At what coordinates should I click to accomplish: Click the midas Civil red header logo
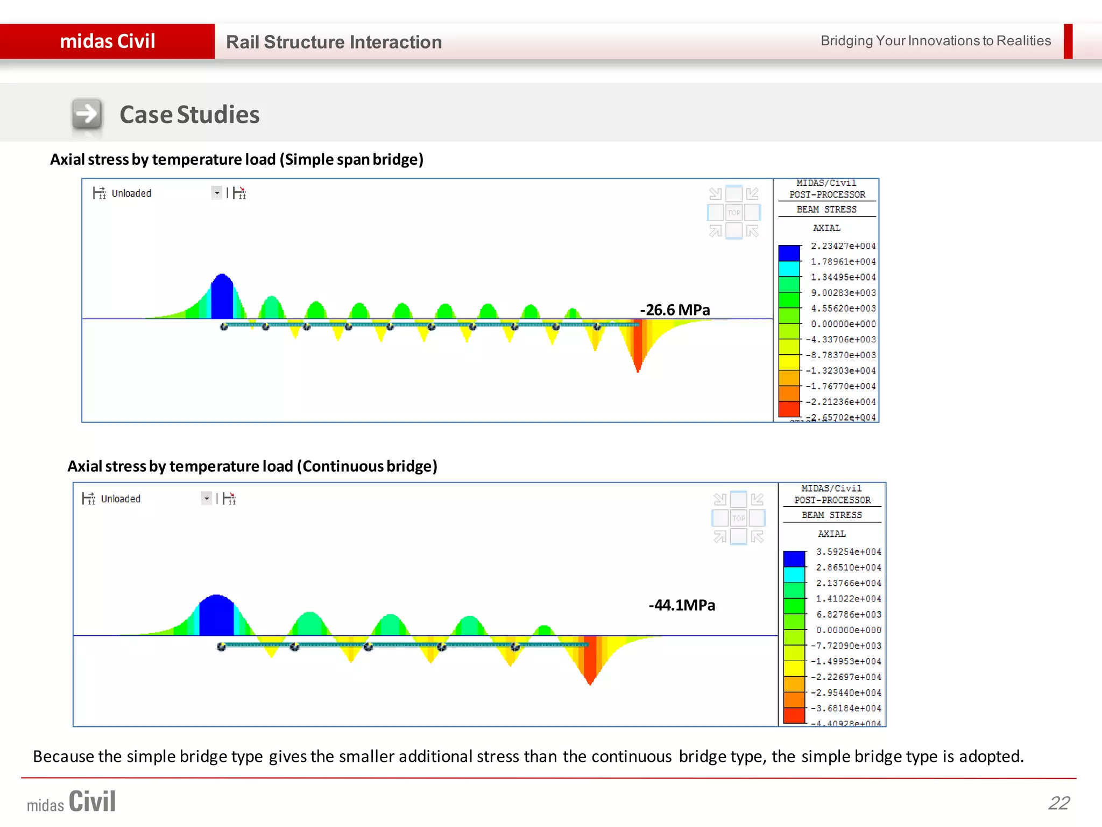pos(108,41)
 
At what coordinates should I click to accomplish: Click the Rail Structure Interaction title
pos(334,42)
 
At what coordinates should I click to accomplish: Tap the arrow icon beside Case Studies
pos(87,114)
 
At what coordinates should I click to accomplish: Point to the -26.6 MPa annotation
pos(675,310)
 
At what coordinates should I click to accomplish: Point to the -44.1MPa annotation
pos(682,605)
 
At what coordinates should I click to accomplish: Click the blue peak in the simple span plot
pos(222,299)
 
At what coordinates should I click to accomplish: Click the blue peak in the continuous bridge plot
pos(216,616)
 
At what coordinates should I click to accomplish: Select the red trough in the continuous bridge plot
pos(590,660)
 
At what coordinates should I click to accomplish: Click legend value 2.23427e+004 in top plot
pos(843,246)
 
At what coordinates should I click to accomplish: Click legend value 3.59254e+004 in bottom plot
pos(849,552)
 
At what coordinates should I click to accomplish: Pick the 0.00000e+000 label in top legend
pos(843,324)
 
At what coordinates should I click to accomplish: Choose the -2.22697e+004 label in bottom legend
pos(846,677)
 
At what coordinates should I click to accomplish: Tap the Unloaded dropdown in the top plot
pos(216,193)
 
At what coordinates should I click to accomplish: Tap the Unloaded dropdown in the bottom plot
pos(206,499)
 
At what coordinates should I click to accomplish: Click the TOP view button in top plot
pos(734,212)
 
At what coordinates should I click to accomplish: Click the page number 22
pos(1058,803)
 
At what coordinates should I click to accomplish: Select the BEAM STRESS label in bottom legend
pos(831,515)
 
